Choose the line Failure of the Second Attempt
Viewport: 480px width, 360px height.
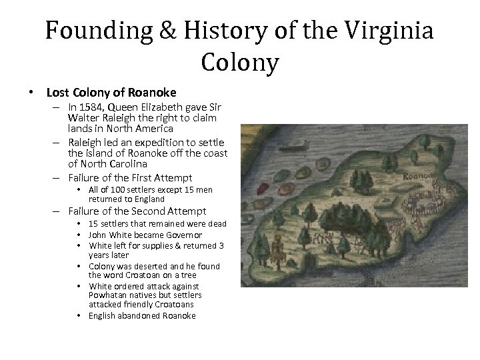coord(137,211)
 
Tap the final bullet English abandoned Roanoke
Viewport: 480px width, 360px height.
coord(142,315)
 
